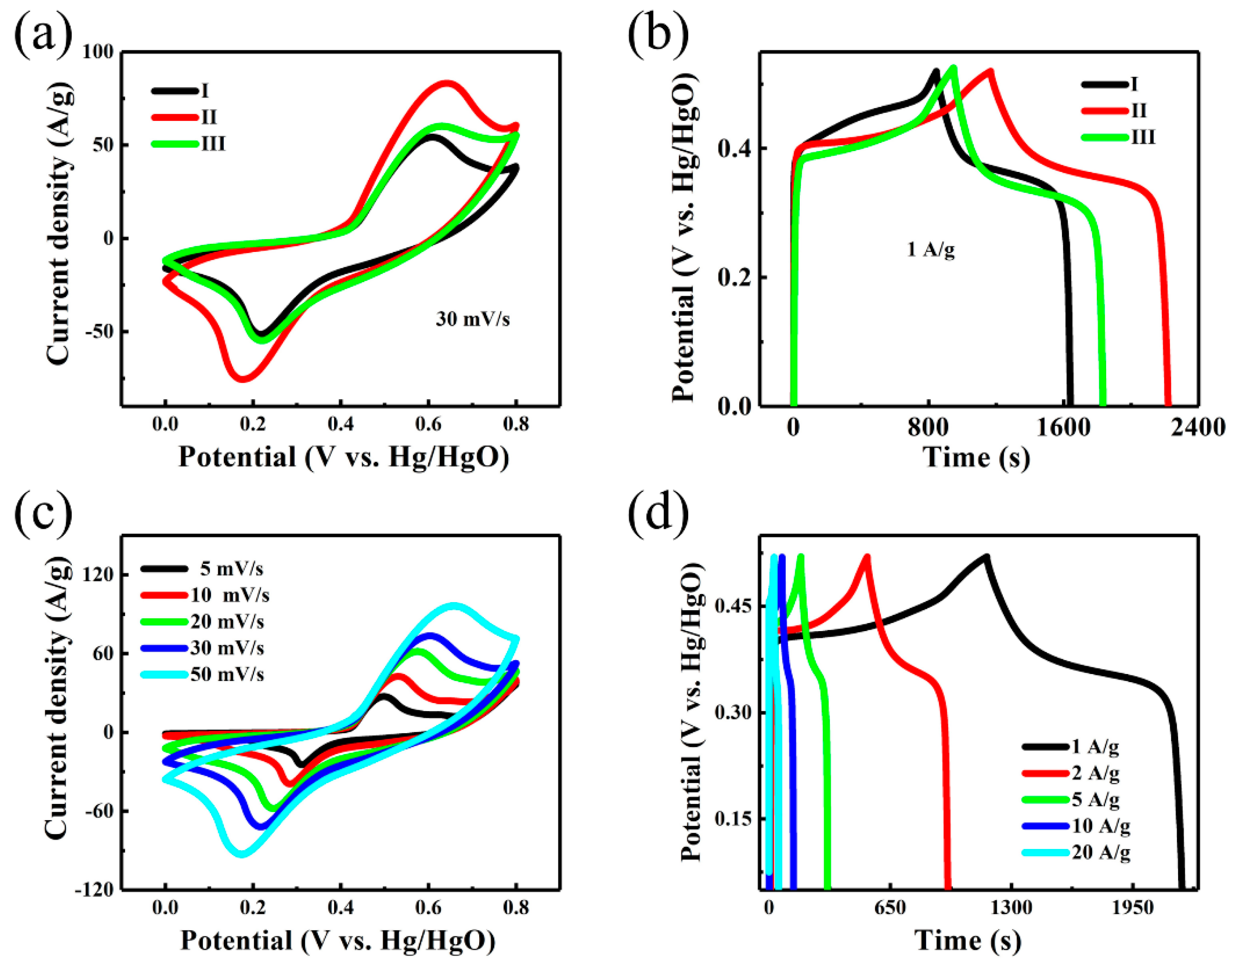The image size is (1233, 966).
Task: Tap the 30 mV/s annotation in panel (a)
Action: [472, 320]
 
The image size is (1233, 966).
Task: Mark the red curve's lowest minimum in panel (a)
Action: [242, 378]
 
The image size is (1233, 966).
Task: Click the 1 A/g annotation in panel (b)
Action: [930, 249]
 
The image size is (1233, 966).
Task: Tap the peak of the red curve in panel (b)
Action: [990, 71]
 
